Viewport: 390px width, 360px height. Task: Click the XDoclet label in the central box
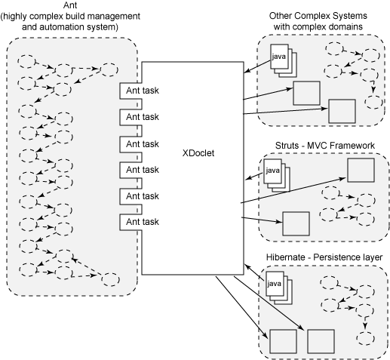[198, 153]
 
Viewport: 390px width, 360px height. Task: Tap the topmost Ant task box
[131, 91]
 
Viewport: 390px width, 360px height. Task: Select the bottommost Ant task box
[131, 222]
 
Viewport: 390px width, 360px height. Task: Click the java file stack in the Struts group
[277, 175]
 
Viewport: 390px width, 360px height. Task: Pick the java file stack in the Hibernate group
[279, 288]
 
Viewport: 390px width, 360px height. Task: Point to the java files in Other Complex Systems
[284, 60]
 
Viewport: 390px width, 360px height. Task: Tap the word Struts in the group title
[287, 146]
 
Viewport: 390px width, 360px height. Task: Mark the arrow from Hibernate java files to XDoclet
[255, 272]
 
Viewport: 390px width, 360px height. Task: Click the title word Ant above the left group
[71, 5]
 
